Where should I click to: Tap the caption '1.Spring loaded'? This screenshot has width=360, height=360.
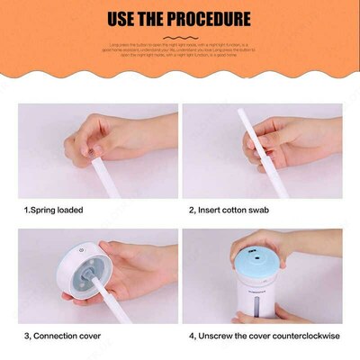point(53,210)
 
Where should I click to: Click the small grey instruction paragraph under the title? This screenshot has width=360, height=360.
point(180,49)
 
